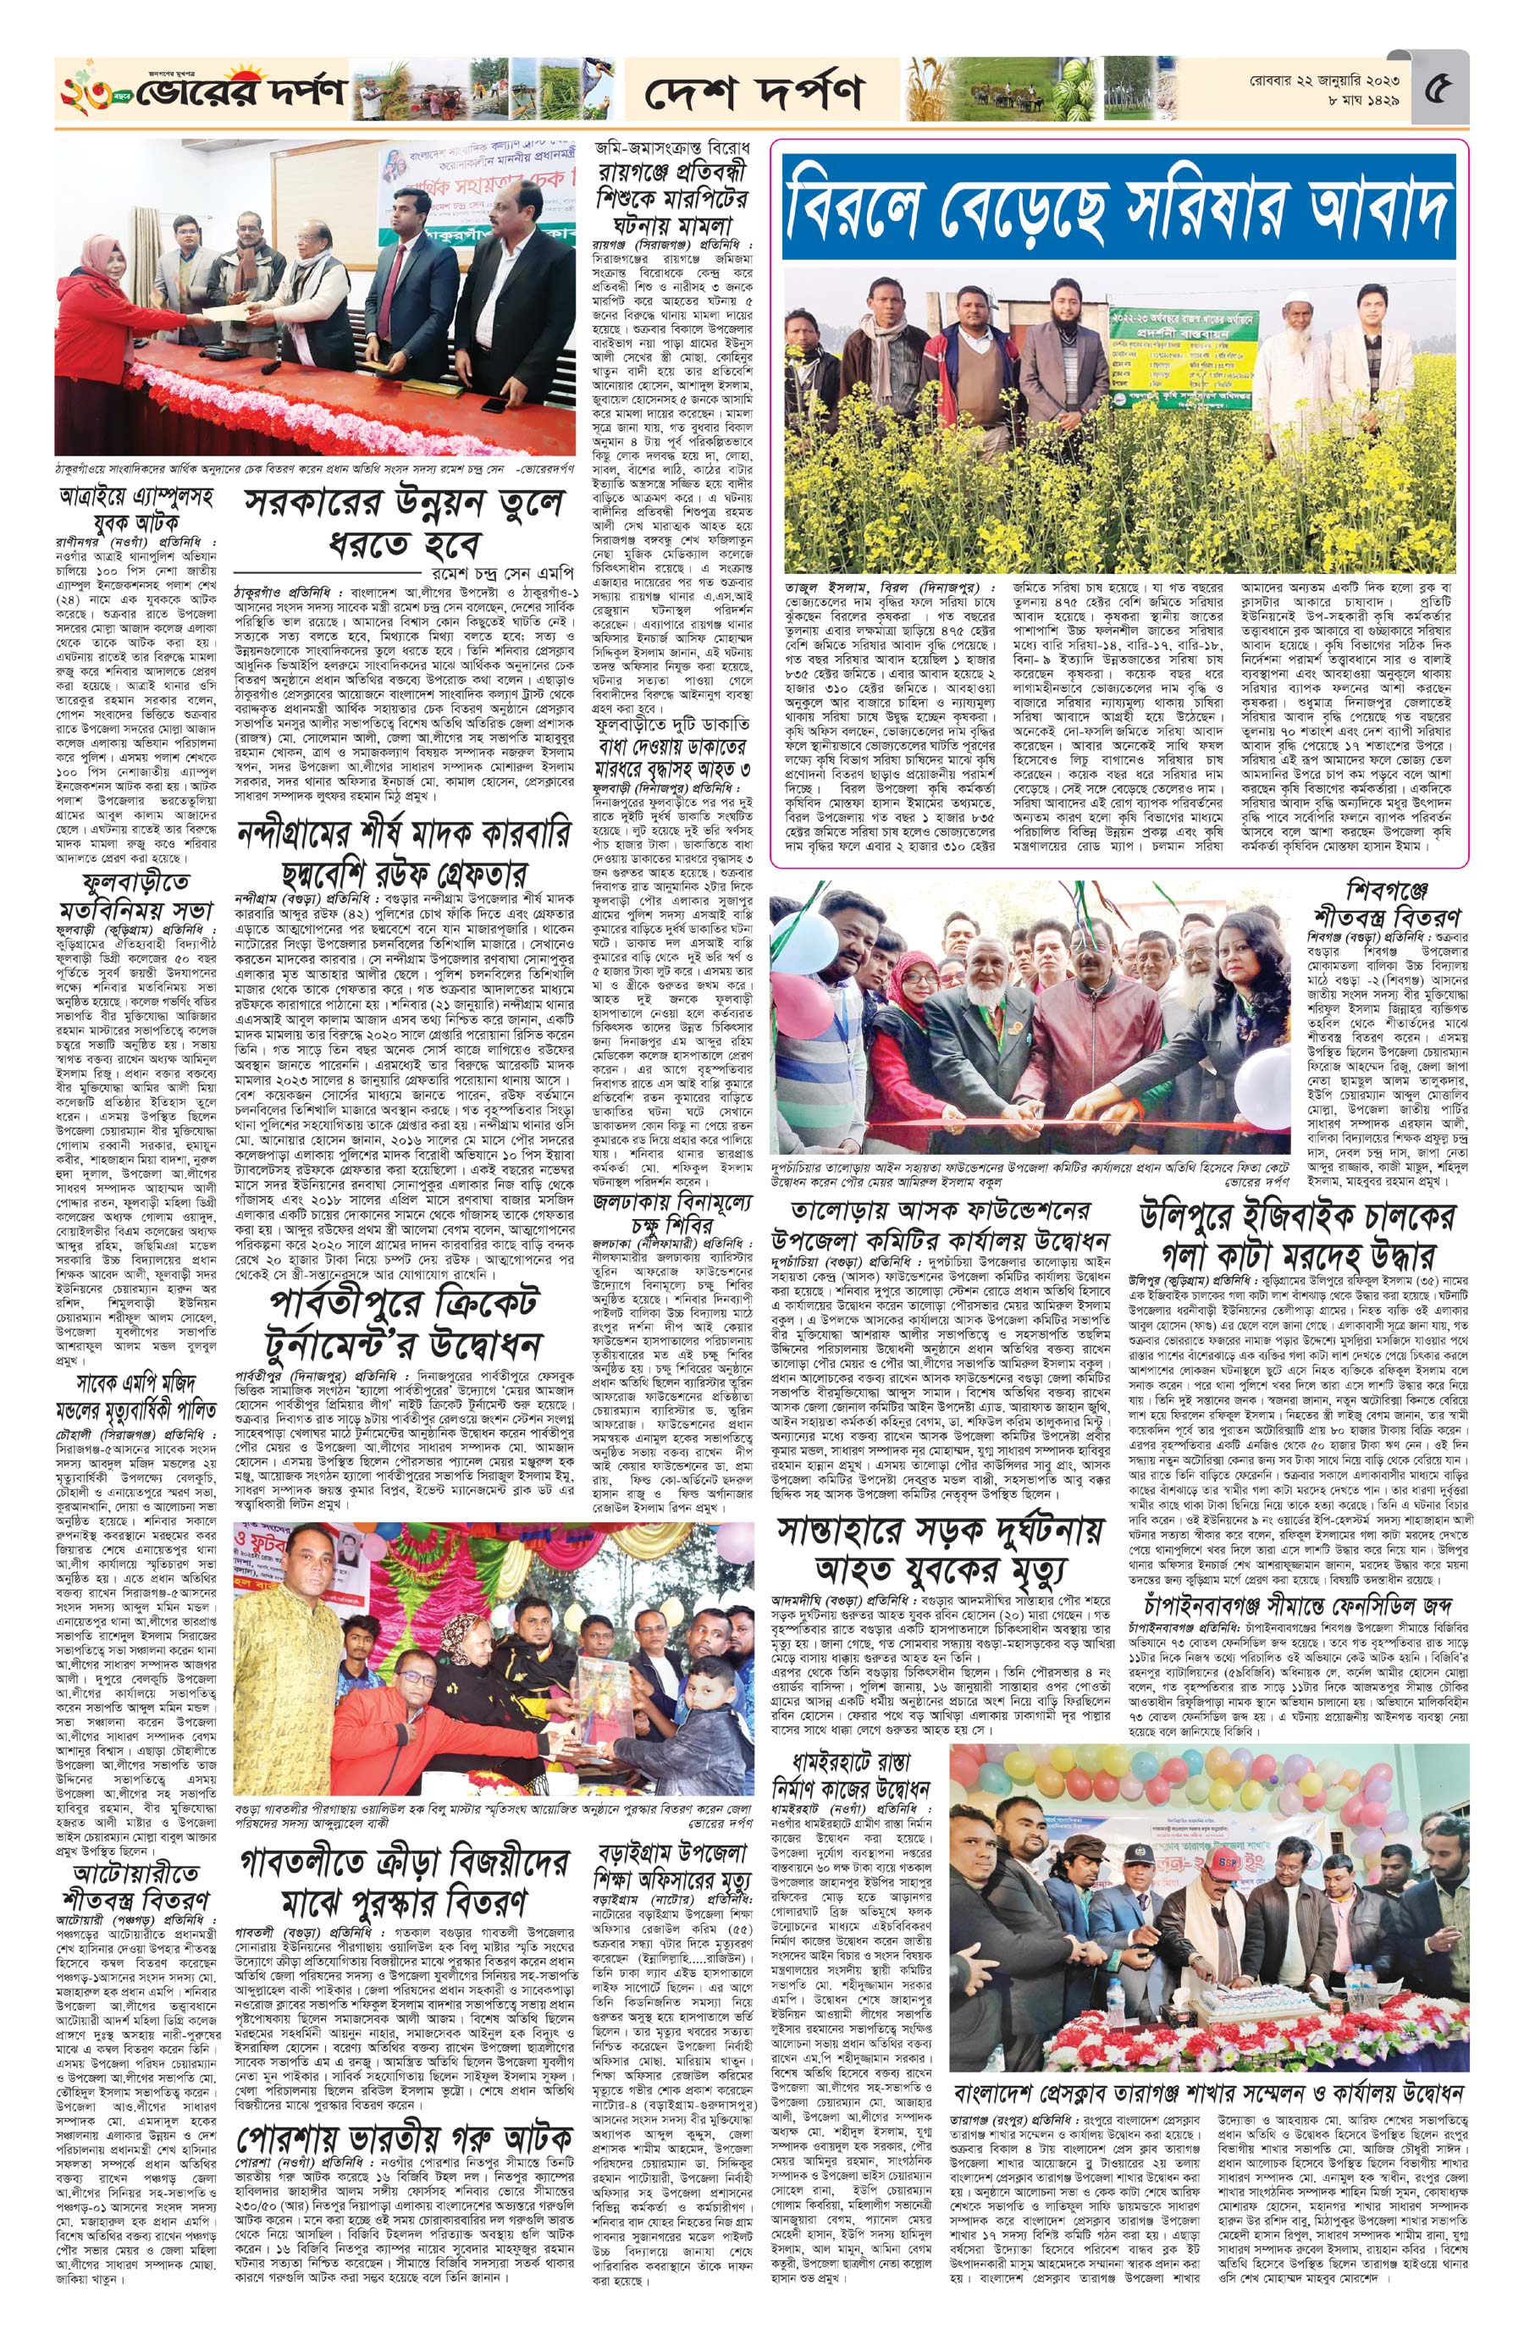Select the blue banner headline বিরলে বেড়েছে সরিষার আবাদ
click(1121, 207)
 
